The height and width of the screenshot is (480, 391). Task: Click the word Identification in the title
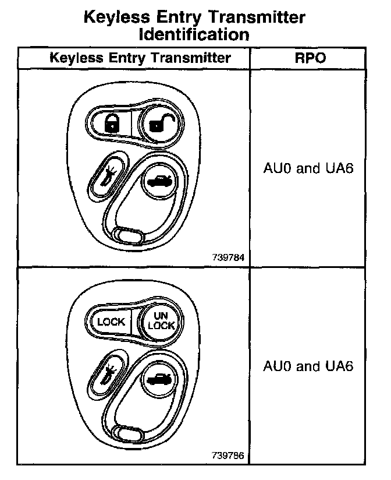point(194,34)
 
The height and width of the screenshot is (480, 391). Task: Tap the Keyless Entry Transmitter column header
point(140,58)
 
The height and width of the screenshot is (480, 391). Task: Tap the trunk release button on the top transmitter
point(158,181)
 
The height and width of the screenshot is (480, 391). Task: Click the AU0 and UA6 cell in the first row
point(308,169)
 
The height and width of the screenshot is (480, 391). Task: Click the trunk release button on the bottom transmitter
point(157,379)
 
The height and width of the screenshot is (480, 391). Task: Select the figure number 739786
point(229,455)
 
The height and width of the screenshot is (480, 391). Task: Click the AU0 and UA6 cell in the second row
point(308,366)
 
